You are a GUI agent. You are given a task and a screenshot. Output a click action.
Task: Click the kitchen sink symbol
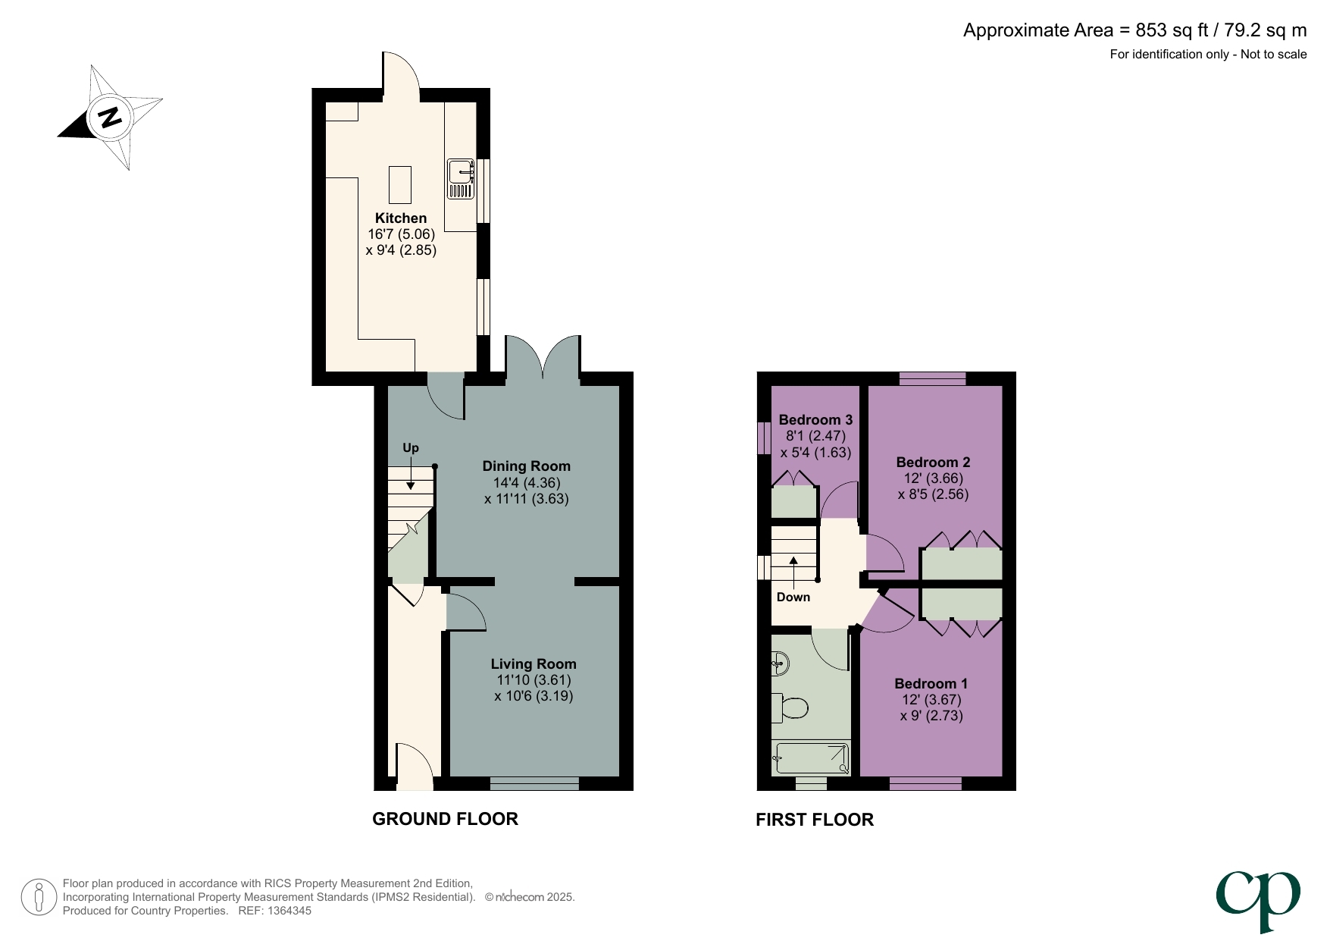[460, 179]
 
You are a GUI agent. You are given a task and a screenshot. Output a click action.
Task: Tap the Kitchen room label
[401, 218]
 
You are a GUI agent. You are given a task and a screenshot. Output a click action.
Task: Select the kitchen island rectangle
[400, 185]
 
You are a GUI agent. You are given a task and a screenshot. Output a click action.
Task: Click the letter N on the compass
[111, 118]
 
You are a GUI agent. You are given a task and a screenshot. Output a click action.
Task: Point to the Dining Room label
[526, 466]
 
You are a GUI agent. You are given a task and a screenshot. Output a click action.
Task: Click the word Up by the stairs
[410, 448]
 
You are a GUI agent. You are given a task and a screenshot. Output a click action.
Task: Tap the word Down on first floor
[793, 598]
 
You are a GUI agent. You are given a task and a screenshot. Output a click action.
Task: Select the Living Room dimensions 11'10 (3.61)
[534, 680]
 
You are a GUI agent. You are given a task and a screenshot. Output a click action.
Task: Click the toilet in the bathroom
[790, 709]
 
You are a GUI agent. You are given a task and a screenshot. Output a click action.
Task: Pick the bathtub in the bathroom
[810, 758]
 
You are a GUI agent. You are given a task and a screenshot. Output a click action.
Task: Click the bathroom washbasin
[780, 664]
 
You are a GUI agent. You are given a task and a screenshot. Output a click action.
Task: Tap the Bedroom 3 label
[815, 420]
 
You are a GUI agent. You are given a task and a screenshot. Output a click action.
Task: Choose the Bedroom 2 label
[933, 463]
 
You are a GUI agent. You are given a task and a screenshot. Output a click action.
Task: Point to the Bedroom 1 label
[931, 684]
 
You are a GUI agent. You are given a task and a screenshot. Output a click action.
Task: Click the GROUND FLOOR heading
[445, 819]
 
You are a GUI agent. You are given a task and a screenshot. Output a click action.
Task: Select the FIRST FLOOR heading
[814, 820]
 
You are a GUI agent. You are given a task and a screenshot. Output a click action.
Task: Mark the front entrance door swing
[414, 762]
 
